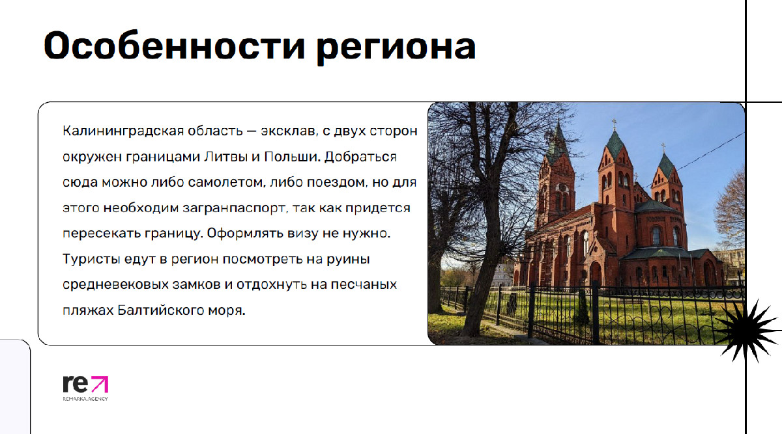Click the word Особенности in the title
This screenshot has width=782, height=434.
[175, 46]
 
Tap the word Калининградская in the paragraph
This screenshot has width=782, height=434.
[123, 131]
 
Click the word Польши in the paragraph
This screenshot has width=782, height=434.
[292, 157]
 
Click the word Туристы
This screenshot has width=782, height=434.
[91, 260]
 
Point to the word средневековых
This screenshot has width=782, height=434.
[116, 285]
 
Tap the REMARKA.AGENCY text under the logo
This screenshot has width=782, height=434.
[85, 399]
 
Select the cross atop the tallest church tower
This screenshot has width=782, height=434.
[615, 124]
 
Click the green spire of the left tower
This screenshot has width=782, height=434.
[558, 144]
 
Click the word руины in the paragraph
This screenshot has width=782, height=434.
[348, 260]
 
